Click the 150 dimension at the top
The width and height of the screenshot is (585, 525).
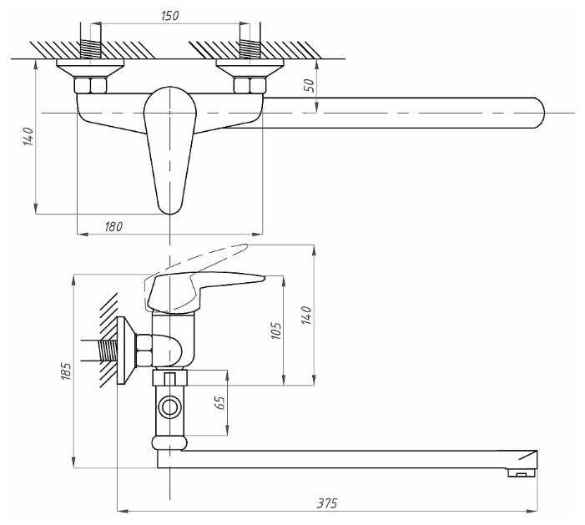170,16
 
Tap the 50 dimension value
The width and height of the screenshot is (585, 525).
310,86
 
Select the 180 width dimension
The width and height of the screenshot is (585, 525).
113,226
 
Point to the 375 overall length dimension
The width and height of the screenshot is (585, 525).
327,503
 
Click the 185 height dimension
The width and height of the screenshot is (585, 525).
66,371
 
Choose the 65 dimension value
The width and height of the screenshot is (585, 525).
221,402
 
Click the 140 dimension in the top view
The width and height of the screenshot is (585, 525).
28,137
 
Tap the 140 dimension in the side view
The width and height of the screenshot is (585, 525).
306,316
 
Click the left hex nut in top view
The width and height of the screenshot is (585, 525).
90,85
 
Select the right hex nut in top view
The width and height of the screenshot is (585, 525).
250,85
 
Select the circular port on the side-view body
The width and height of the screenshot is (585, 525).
169,406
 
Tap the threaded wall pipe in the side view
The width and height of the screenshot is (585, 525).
108,351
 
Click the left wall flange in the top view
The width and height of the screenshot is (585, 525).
90,68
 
